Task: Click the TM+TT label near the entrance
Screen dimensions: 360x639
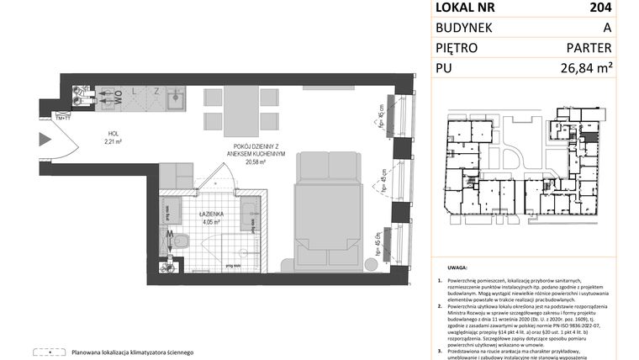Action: [62, 116]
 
